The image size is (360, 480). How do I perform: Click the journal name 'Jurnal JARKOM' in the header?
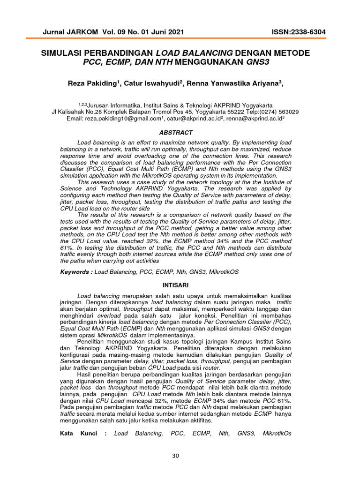[70, 32]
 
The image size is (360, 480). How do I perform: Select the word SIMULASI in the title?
[67, 53]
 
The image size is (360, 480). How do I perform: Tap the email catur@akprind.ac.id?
[193, 120]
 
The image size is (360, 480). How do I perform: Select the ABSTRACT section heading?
[176, 133]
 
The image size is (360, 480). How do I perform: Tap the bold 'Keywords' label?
[75, 272]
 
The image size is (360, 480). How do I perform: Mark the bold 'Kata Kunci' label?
[79, 434]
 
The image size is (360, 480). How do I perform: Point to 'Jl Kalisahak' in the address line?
[68, 112]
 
